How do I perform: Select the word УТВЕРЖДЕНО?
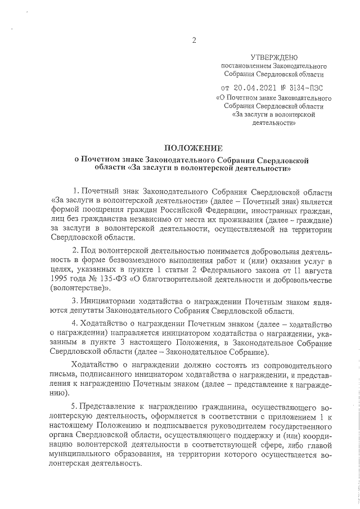pos(274,58)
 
